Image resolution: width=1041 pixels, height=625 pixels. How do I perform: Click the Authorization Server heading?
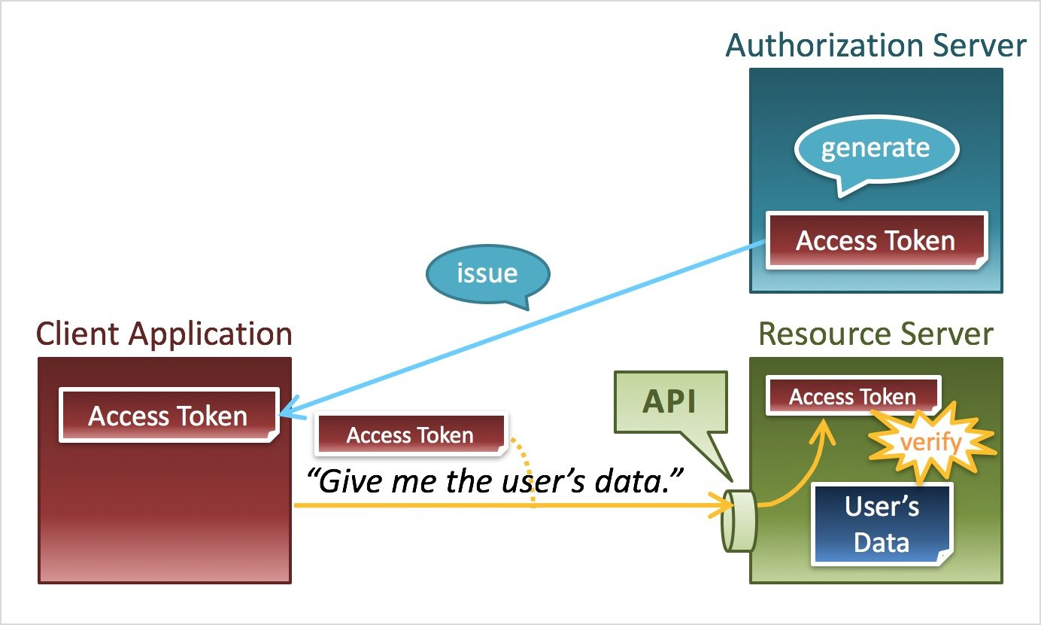876,46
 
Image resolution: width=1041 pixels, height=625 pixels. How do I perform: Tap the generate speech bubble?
876,148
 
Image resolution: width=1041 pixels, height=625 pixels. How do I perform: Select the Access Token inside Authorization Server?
876,241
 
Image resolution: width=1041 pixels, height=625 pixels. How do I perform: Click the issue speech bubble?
487,273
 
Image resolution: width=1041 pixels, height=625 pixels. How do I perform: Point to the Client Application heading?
164,334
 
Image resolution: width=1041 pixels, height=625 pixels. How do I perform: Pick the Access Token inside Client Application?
168,416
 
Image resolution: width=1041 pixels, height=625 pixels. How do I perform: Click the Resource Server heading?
876,334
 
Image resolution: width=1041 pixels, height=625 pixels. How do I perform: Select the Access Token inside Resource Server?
852,397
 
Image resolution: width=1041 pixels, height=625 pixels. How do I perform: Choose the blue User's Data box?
882,524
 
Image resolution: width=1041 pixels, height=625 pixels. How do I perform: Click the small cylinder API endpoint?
737,521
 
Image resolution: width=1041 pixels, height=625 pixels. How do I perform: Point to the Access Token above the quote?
410,435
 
